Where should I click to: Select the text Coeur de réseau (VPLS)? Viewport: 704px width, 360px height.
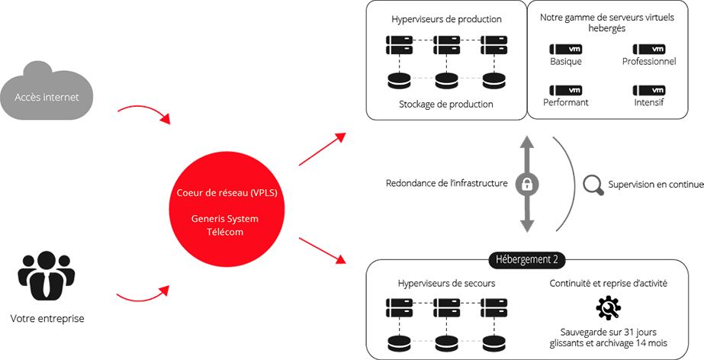(225, 192)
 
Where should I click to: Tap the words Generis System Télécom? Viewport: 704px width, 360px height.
(225, 225)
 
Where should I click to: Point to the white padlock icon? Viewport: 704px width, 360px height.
(526, 184)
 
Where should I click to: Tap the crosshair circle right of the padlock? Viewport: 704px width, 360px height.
(592, 184)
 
